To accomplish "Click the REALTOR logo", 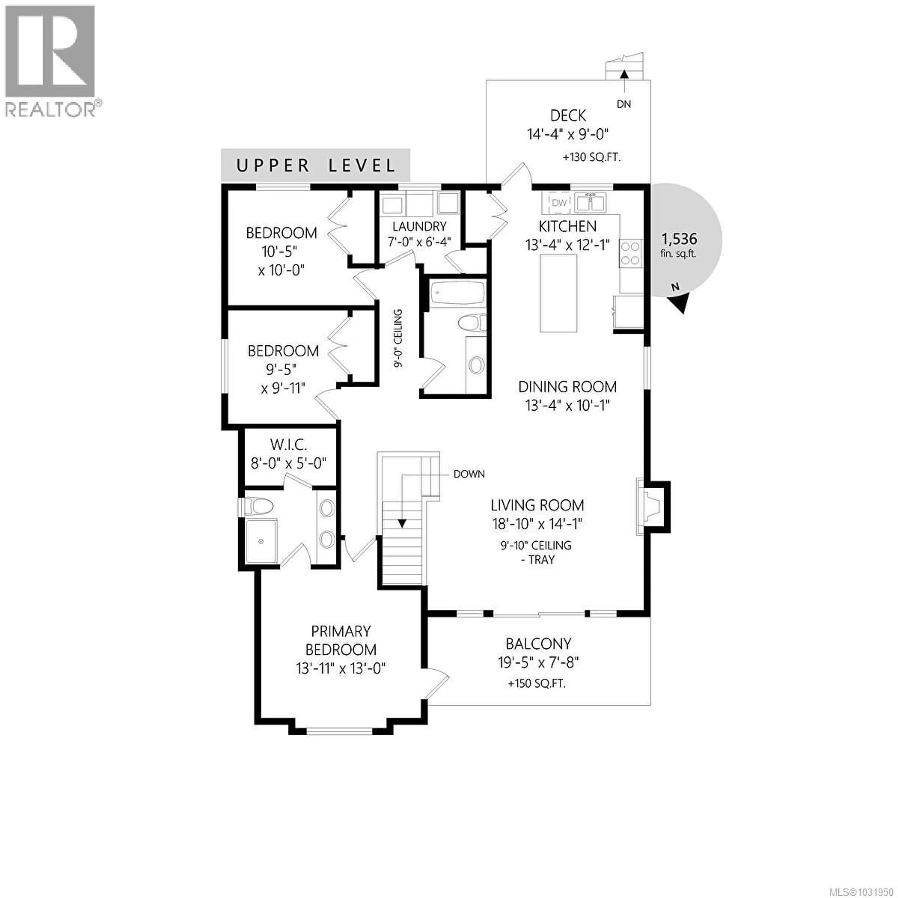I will [x=51, y=60].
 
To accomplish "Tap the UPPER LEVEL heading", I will [x=316, y=166].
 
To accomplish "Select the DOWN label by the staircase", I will [x=469, y=474].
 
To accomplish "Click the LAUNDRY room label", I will [x=419, y=226].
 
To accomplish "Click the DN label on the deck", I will [x=624, y=104].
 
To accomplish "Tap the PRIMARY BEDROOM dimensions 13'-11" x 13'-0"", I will [x=341, y=668].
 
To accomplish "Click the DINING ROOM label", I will [x=567, y=387].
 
